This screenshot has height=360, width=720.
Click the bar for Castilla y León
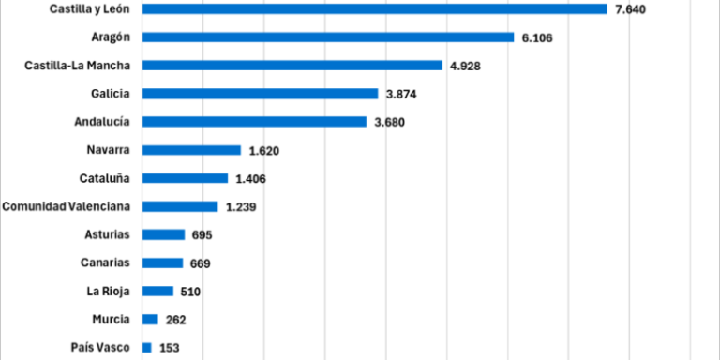(375, 9)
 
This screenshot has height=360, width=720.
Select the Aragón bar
(328, 37)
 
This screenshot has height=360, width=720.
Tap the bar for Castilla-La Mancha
(292, 66)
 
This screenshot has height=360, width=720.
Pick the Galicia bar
(260, 94)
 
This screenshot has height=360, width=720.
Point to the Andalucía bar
(254, 122)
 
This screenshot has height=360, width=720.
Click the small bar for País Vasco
(146, 348)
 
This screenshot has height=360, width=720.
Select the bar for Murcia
(150, 320)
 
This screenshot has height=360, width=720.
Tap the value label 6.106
(538, 37)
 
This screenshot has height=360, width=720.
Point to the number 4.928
(466, 66)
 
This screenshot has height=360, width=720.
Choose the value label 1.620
(264, 150)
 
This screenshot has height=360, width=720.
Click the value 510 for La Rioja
(191, 292)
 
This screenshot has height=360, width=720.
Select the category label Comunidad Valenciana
(66, 206)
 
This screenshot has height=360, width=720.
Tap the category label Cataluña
(104, 178)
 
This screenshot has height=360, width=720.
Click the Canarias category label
(104, 262)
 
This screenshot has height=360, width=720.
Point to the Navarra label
(107, 150)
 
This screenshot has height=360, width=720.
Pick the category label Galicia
(110, 94)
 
